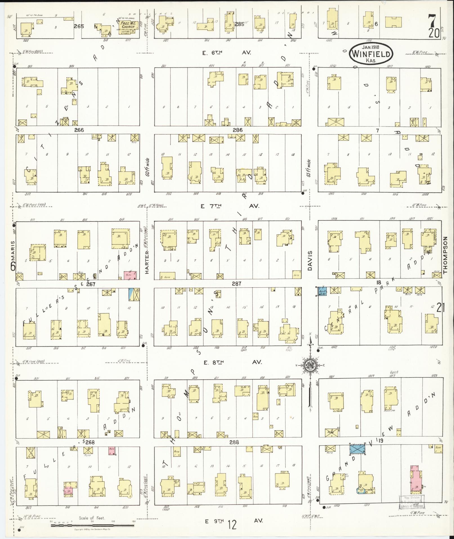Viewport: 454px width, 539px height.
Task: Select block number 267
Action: click(91, 284)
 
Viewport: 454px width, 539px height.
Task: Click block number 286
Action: click(237, 130)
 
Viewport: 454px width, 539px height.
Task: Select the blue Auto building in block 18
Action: click(322, 291)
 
